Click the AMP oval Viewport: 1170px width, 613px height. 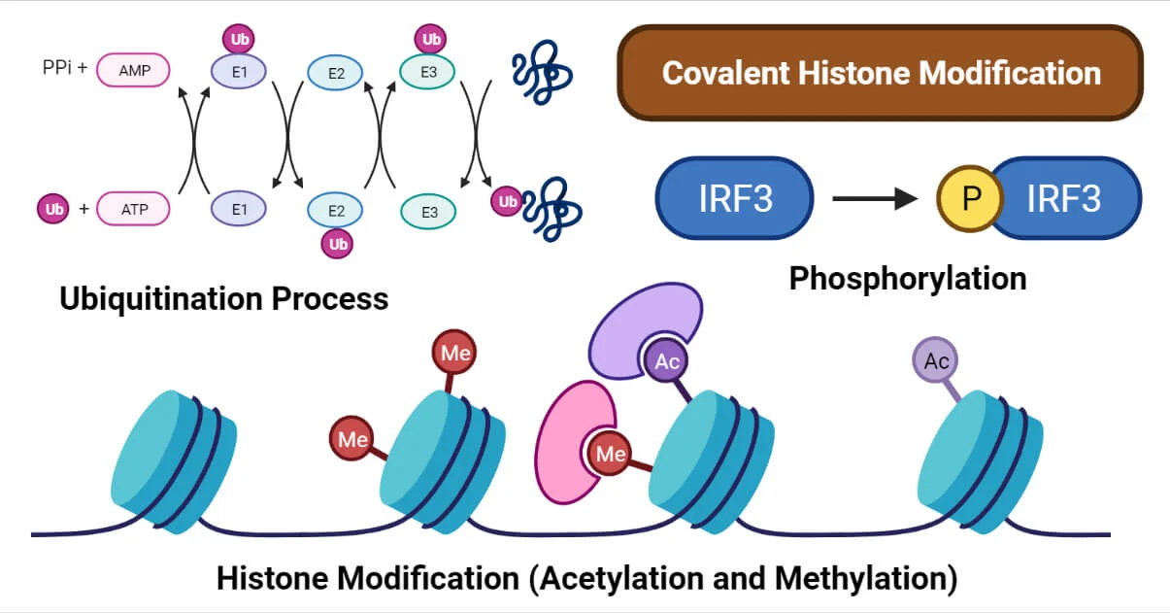133,70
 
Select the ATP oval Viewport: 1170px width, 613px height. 133,208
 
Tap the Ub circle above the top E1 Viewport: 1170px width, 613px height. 239,39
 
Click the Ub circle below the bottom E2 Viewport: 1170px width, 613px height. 338,244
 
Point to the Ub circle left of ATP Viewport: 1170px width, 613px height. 53,208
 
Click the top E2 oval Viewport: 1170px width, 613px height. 335,71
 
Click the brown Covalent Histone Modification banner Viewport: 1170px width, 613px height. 880,73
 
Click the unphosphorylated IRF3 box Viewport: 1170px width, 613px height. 735,198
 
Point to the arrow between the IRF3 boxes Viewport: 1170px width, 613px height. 874,199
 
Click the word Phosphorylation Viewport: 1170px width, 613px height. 907,279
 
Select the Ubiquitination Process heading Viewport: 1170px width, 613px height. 223,297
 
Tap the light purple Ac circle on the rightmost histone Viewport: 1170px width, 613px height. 936,361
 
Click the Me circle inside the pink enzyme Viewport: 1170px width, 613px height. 610,453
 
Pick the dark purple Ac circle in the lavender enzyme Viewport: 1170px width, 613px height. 666,361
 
